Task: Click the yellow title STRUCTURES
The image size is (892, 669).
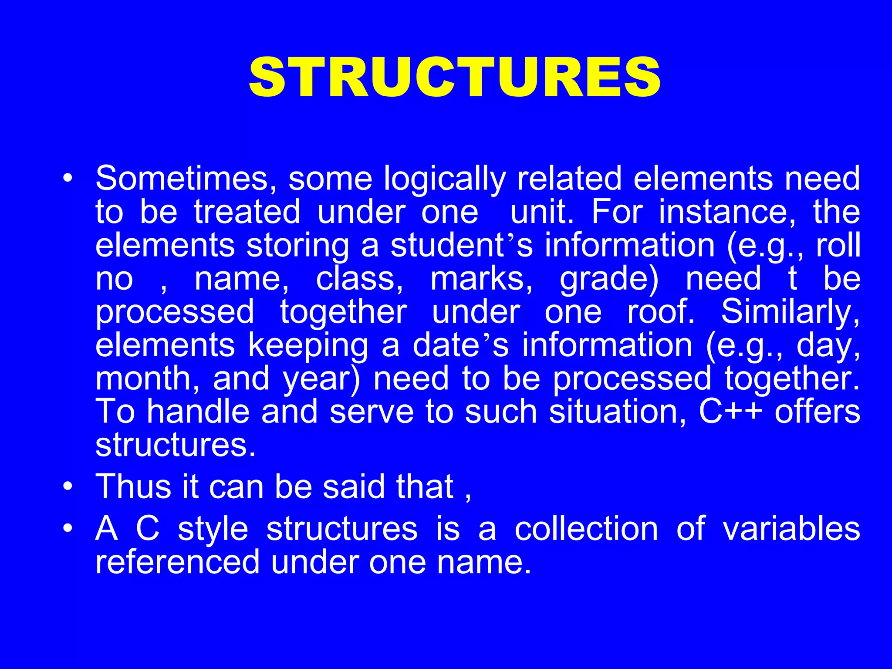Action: pos(454,78)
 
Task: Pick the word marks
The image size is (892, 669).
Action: pos(481,279)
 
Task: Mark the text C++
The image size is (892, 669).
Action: pos(730,412)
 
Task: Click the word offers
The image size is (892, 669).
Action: pos(818,412)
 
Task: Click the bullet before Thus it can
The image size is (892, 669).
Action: pos(67,487)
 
